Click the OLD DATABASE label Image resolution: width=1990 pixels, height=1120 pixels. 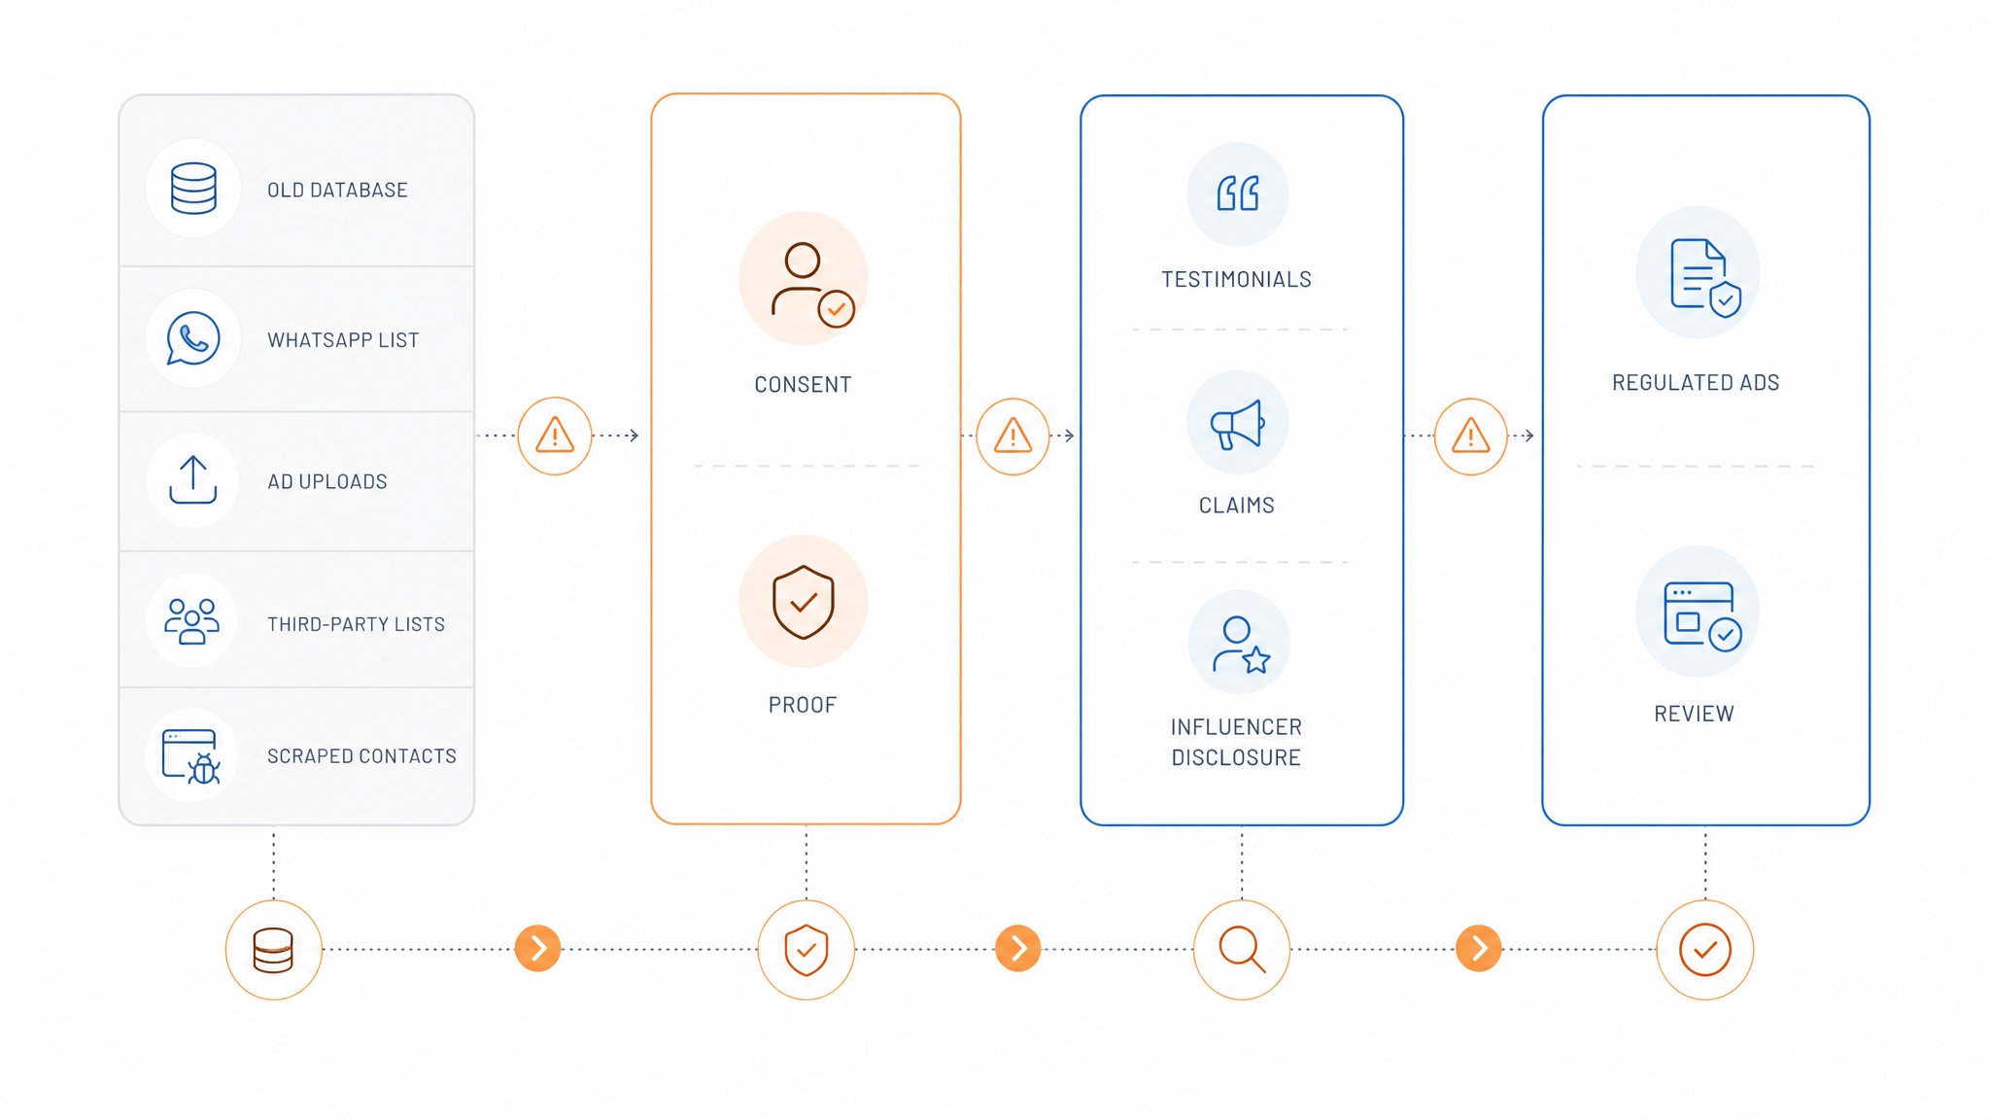337,191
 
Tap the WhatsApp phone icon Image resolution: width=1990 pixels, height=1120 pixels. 193,338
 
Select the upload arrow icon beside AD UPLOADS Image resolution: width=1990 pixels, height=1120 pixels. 193,479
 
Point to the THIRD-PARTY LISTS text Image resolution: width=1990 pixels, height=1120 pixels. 356,624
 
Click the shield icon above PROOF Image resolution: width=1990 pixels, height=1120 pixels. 804,602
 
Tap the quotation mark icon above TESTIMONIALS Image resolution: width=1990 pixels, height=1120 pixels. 1238,193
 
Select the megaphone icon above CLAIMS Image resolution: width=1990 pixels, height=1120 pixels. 1237,424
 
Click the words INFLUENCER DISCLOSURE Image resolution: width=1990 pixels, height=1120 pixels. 1236,742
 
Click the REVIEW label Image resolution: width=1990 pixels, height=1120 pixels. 1694,714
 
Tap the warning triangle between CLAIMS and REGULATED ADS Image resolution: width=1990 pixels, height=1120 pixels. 1471,437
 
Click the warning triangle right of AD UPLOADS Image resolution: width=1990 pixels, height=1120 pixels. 555,436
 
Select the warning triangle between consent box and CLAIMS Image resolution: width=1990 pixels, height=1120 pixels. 1012,437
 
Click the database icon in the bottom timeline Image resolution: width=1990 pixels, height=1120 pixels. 273,950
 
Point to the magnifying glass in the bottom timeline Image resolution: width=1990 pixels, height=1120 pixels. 1242,950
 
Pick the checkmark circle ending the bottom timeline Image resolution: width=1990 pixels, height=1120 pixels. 1705,950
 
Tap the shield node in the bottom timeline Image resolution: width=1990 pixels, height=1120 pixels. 806,950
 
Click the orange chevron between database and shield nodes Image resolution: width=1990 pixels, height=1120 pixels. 538,949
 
